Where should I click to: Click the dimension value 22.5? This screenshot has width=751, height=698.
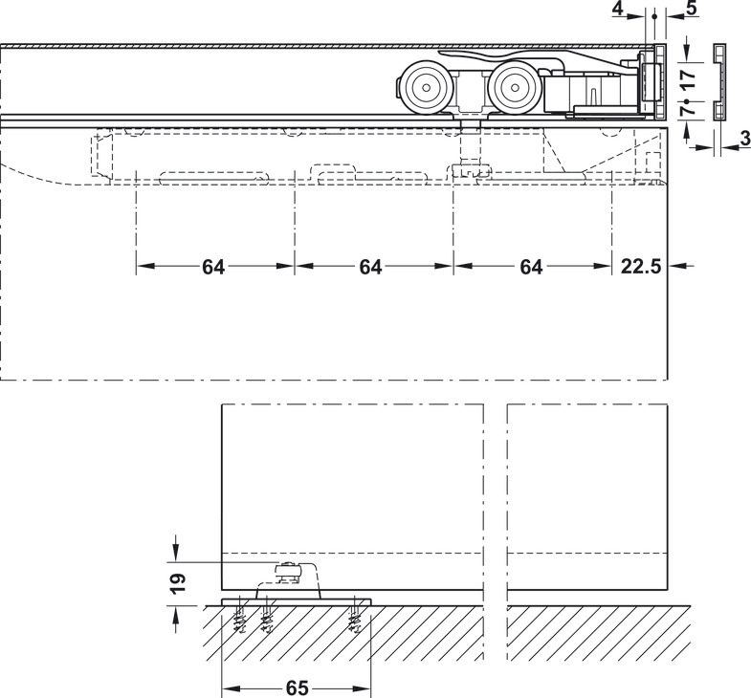click(641, 268)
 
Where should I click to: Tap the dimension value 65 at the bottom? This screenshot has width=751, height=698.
click(297, 688)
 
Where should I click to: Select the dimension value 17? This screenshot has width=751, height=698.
click(686, 76)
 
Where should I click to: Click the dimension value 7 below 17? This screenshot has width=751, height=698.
click(686, 112)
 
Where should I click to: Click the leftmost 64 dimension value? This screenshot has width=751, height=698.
click(214, 268)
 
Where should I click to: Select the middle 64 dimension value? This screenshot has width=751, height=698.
click(371, 268)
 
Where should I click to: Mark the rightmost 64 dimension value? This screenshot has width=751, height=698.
click(531, 268)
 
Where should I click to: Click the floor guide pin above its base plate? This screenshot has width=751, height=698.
click(286, 573)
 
